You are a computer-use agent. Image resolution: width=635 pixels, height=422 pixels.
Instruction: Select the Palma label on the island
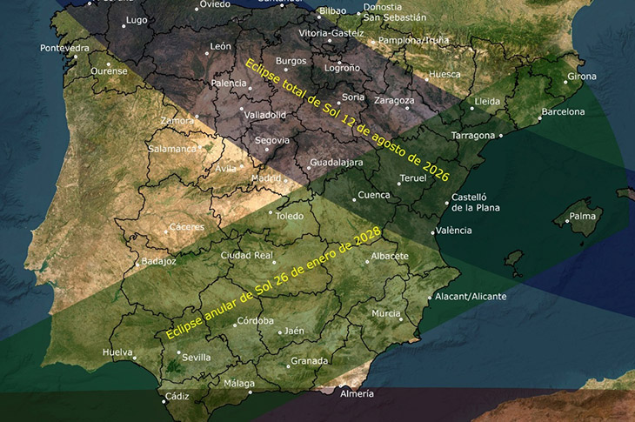pyautogui.click(x=582, y=215)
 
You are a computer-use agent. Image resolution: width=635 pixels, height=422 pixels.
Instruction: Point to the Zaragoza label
pyautogui.click(x=393, y=100)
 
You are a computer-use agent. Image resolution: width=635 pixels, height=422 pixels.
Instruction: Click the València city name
pyautogui.click(x=452, y=230)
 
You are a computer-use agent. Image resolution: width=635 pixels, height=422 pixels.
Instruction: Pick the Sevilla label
pyautogui.click(x=197, y=357)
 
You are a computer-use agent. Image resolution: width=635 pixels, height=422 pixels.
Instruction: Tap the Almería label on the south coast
pyautogui.click(x=358, y=393)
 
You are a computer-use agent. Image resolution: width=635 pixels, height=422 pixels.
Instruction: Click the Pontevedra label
pyautogui.click(x=64, y=47)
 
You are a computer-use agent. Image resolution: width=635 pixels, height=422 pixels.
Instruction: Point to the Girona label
pyautogui.click(x=581, y=77)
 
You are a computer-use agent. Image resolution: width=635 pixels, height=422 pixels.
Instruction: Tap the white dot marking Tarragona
pyautogui.click(x=501, y=136)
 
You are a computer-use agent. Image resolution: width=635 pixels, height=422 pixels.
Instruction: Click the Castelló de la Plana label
pyautogui.click(x=474, y=203)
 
